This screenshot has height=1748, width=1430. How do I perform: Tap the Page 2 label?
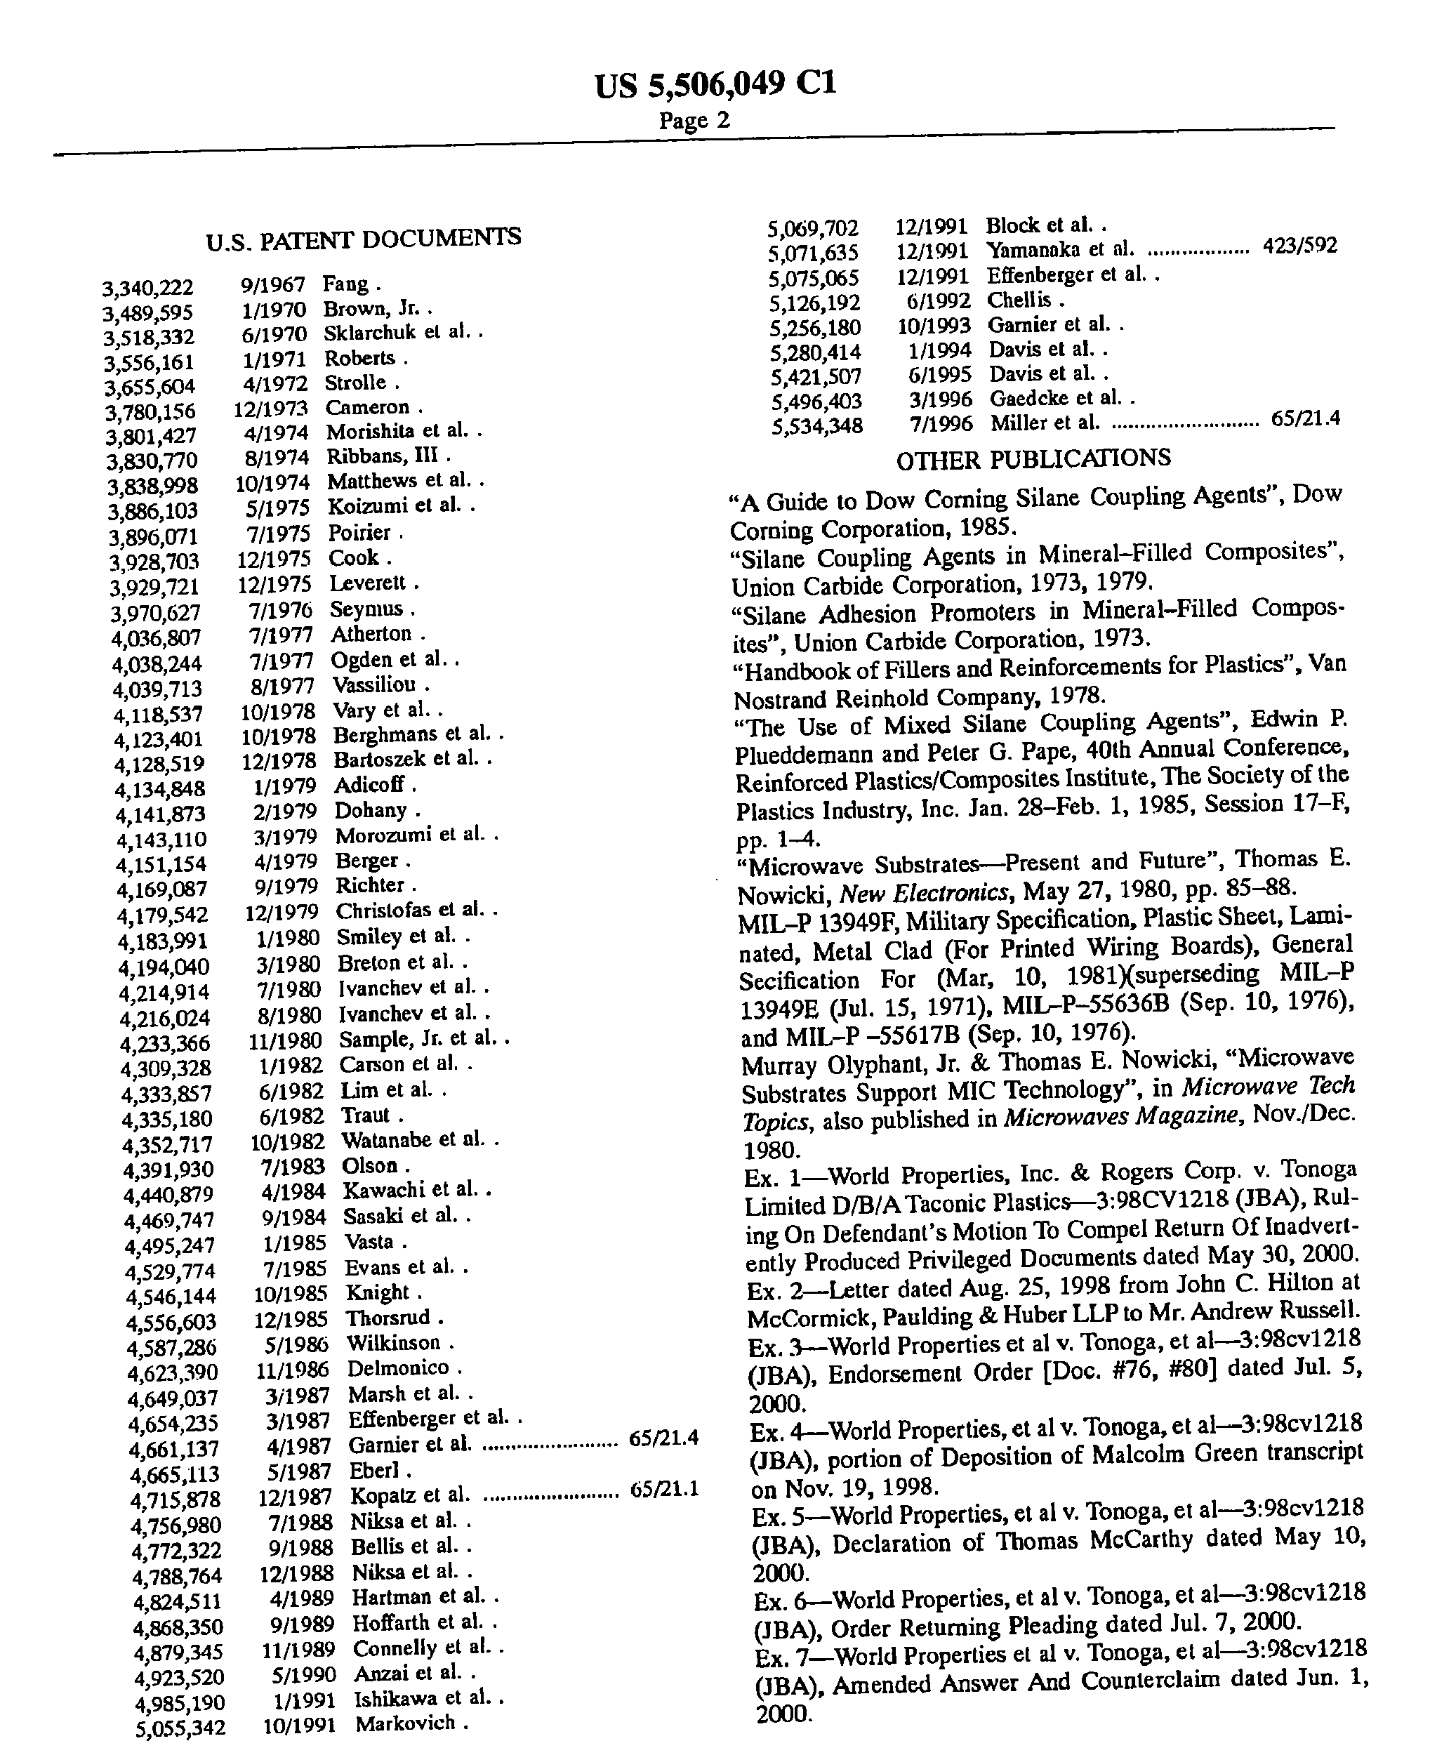[x=694, y=120]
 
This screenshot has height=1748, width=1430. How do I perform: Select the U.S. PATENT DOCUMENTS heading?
[x=363, y=239]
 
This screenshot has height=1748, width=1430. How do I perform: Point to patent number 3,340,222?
[x=147, y=289]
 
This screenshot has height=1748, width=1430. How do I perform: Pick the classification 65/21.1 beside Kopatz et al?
[x=664, y=1488]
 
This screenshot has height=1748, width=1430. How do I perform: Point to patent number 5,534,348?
[x=816, y=426]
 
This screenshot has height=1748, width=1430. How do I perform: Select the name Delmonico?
[x=398, y=1368]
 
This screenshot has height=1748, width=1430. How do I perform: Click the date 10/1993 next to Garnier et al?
[x=933, y=326]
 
